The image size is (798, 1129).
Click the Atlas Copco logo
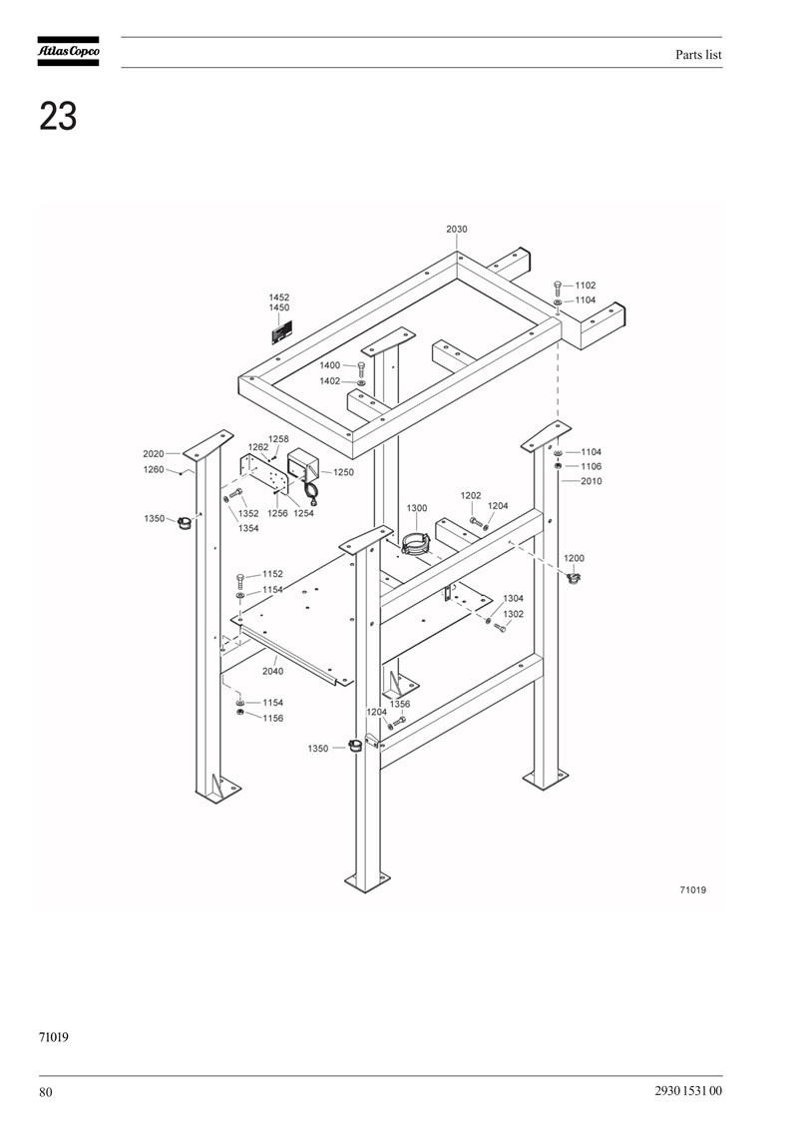click(69, 51)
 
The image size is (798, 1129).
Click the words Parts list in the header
click(698, 55)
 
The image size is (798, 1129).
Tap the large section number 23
click(58, 116)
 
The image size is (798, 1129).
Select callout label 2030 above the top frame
click(456, 229)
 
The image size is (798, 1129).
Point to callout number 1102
click(585, 285)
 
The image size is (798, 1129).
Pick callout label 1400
click(329, 365)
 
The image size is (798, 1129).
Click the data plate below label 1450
click(282, 334)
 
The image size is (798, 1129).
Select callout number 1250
click(343, 472)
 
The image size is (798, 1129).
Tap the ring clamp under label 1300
click(417, 543)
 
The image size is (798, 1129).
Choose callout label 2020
click(154, 453)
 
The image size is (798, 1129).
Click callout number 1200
click(574, 558)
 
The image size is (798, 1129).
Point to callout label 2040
click(272, 671)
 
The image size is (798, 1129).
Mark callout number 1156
click(272, 718)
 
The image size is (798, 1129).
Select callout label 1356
click(400, 704)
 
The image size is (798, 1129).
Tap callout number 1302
click(513, 614)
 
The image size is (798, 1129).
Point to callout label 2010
click(592, 481)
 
